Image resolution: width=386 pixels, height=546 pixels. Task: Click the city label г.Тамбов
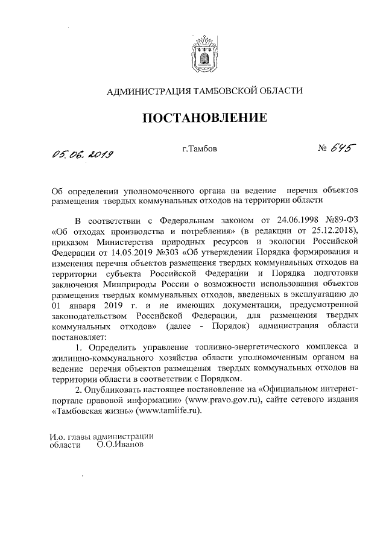click(199, 147)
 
